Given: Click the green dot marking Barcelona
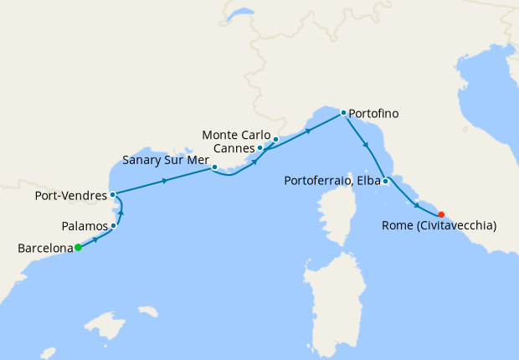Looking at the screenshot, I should click(x=77, y=247).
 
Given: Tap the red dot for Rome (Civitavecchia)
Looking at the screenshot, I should click(x=441, y=214).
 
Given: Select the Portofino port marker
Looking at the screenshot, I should click(x=343, y=112).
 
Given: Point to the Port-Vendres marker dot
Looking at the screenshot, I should click(x=112, y=194).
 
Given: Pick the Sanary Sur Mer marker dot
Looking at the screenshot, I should click(x=215, y=167).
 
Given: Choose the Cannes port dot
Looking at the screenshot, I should click(x=260, y=148).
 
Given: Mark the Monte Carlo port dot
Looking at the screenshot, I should click(x=275, y=139).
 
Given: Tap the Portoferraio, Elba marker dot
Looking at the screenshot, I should click(x=385, y=181).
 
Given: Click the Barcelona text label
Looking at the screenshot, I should click(x=44, y=248).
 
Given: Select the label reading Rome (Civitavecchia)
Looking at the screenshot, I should click(x=439, y=226).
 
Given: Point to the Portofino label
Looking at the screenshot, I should click(x=374, y=113).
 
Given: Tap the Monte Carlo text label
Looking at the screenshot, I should click(x=237, y=135).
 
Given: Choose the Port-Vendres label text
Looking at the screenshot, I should click(x=69, y=196).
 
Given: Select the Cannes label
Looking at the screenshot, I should click(x=234, y=148).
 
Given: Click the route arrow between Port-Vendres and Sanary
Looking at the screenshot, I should click(x=165, y=181).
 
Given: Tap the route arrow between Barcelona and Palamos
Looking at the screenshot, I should click(x=95, y=239).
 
